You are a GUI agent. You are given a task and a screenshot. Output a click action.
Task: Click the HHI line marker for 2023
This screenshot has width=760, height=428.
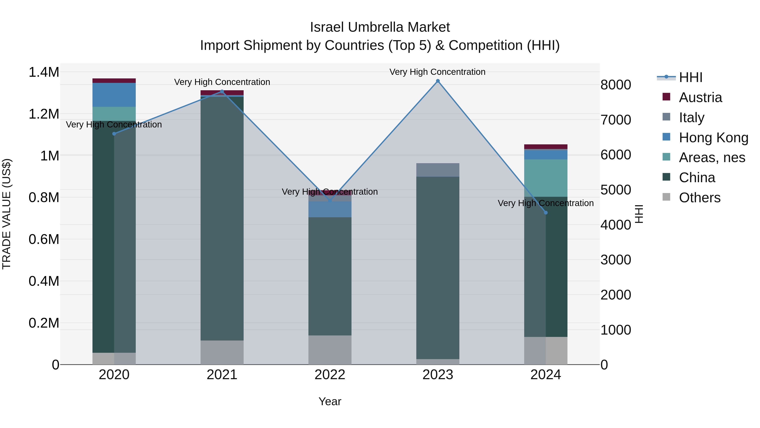coord(438,81)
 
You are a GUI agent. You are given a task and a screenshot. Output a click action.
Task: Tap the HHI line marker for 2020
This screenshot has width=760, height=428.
coord(114,134)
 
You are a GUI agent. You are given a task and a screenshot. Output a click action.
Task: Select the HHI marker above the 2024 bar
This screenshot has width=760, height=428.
coord(546,213)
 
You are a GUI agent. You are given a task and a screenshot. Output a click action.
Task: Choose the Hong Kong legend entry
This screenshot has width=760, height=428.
coord(713,138)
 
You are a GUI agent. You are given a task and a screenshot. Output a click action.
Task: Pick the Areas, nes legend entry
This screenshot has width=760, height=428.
coord(712,157)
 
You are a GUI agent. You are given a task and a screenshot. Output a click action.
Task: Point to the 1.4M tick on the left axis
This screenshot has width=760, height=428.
coord(44,72)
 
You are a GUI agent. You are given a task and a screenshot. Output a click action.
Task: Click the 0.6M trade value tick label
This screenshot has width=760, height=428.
coord(44,239)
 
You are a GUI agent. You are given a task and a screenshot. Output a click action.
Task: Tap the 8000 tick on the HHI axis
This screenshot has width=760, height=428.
coord(616,85)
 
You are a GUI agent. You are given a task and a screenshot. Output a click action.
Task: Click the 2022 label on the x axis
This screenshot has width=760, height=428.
coord(330,375)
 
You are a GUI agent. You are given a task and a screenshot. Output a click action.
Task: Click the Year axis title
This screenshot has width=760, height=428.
coord(330,401)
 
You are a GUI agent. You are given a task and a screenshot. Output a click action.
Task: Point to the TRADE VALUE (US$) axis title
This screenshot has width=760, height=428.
coord(7,214)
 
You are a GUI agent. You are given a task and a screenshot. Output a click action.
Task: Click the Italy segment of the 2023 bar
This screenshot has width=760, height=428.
coord(438,170)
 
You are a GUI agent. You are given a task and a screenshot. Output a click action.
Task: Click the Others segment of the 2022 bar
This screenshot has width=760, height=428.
coord(330,350)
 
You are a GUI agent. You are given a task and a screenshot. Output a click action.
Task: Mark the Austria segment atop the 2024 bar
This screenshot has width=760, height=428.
coord(546,147)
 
